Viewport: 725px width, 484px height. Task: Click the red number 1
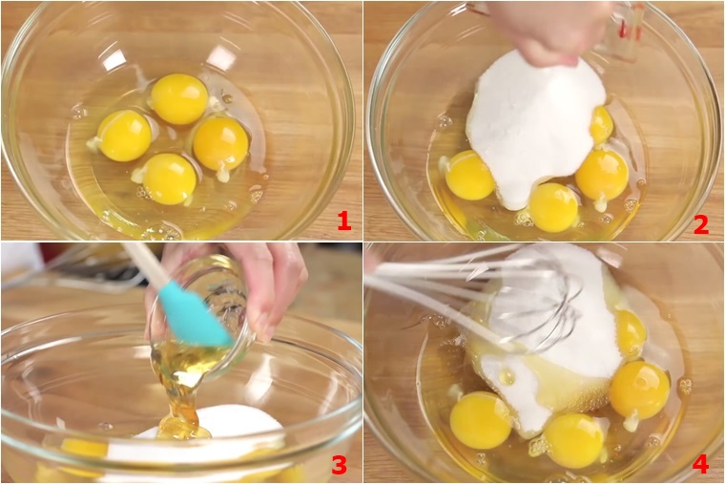click(x=344, y=221)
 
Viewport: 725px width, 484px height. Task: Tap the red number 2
click(x=701, y=224)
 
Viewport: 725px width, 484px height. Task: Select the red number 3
click(x=339, y=465)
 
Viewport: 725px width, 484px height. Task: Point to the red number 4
click(x=700, y=464)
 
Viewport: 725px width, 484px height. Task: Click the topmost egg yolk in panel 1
click(x=179, y=99)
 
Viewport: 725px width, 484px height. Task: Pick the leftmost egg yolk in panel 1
click(x=125, y=136)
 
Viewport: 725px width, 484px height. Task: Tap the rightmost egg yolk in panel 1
click(x=220, y=143)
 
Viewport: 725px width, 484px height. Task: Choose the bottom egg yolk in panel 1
click(x=169, y=179)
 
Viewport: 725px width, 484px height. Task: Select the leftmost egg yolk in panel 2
click(x=470, y=176)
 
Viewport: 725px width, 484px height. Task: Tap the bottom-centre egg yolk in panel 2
click(x=553, y=207)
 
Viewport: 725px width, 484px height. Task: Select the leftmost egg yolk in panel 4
click(x=482, y=420)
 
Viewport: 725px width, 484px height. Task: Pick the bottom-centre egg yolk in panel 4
click(x=574, y=439)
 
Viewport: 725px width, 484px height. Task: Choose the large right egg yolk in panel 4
click(x=639, y=389)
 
